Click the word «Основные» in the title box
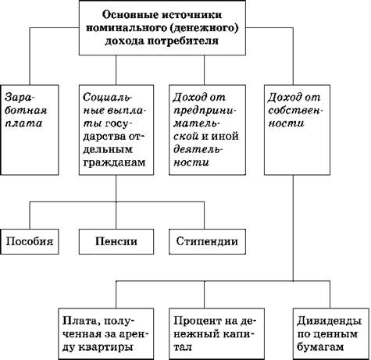click(130, 15)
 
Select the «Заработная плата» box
click(30, 130)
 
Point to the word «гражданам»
click(114, 162)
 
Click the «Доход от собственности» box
click(297, 130)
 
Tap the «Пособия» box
click(30, 241)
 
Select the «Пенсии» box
click(116, 241)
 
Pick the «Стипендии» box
click(207, 241)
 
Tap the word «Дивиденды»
click(330, 321)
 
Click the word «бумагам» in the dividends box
click(320, 348)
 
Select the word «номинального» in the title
click(126, 28)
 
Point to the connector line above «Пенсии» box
click(116, 216)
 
